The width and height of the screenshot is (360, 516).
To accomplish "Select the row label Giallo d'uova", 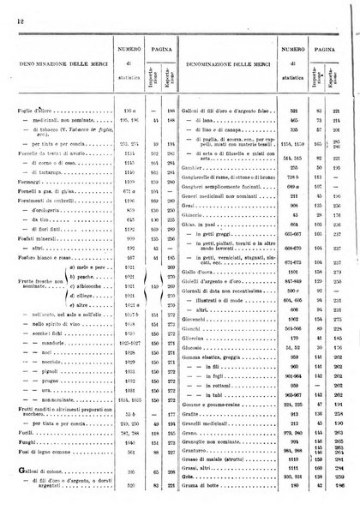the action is pos(207,296).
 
